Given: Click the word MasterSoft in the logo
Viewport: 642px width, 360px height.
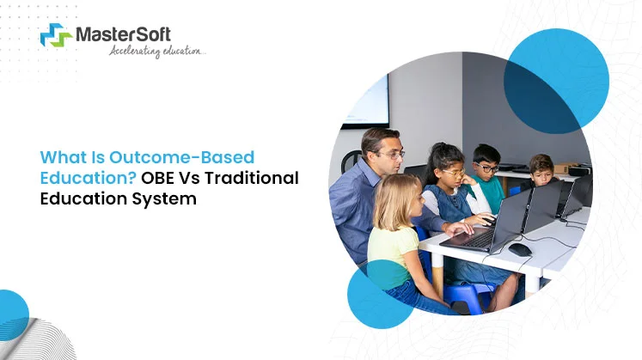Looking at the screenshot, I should tap(123, 34).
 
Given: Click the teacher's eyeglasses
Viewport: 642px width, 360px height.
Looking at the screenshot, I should tap(390, 155).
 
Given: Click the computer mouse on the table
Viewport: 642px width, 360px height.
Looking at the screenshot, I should tap(519, 249).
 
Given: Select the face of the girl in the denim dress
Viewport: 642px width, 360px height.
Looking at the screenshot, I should tap(453, 172).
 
